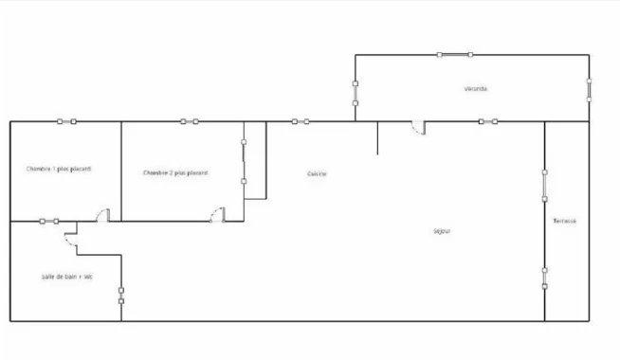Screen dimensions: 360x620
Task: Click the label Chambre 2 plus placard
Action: click(x=175, y=172)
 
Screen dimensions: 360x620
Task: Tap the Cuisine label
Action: click(x=318, y=173)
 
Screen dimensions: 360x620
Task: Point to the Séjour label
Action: click(x=441, y=231)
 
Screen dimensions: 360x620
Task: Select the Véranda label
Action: click(x=476, y=89)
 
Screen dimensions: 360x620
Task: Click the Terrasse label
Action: click(x=565, y=221)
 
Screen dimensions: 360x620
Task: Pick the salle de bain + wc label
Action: click(x=66, y=277)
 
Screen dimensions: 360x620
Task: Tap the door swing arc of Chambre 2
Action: click(x=217, y=215)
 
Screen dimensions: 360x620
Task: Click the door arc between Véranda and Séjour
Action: click(x=416, y=127)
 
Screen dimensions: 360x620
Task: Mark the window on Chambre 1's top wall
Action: click(x=66, y=121)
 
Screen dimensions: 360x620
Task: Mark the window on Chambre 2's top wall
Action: click(x=190, y=121)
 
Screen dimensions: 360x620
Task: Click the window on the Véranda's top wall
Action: click(x=451, y=54)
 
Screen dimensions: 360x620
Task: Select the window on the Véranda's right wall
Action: click(x=589, y=90)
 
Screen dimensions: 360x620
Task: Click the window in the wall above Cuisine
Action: click(x=301, y=121)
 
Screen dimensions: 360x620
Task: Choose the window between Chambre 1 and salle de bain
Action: click(x=49, y=222)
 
